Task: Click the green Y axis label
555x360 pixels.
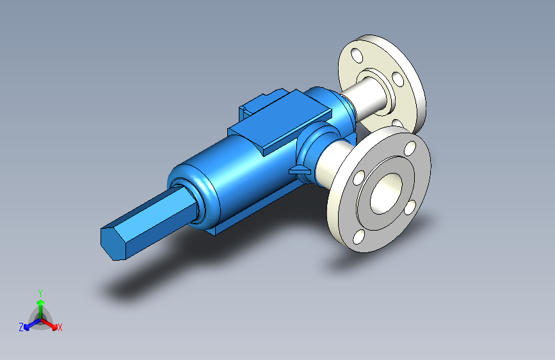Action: click(x=40, y=293)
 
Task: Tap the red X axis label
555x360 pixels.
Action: click(x=60, y=327)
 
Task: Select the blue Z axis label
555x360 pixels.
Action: click(x=21, y=327)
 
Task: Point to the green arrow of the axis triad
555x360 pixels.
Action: click(x=41, y=309)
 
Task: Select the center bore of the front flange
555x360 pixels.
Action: click(x=386, y=193)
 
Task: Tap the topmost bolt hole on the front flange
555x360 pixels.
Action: click(x=410, y=149)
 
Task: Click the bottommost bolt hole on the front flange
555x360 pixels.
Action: click(x=358, y=237)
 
